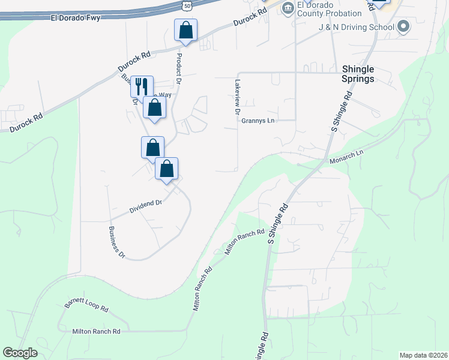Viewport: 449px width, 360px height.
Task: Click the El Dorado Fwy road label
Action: pos(75,18)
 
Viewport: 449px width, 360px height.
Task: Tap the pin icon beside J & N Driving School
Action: pos(403,26)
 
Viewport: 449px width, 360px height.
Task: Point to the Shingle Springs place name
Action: pos(358,74)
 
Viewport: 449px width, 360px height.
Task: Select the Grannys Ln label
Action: pos(258,121)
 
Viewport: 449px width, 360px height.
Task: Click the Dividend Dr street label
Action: pos(146,207)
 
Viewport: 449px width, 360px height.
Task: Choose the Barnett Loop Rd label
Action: pos(86,307)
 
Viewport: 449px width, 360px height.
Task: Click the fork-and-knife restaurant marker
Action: pos(142,86)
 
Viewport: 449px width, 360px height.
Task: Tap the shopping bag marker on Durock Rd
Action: pos(185,30)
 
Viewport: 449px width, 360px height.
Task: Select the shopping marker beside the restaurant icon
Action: pos(155,108)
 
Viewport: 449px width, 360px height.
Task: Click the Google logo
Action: pos(20,353)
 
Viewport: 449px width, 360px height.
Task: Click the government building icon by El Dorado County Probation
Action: pos(288,7)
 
